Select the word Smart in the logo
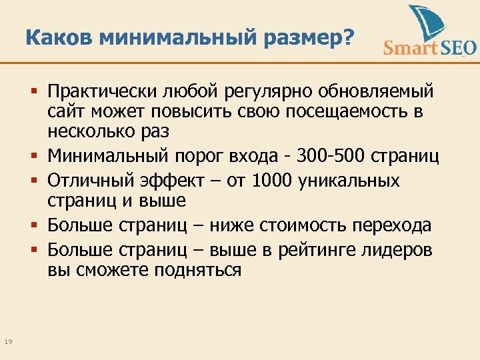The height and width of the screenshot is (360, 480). [x=409, y=47]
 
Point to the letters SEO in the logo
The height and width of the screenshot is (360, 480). [x=456, y=47]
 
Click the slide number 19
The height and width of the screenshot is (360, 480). [x=9, y=342]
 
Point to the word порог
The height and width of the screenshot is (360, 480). [x=197, y=157]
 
